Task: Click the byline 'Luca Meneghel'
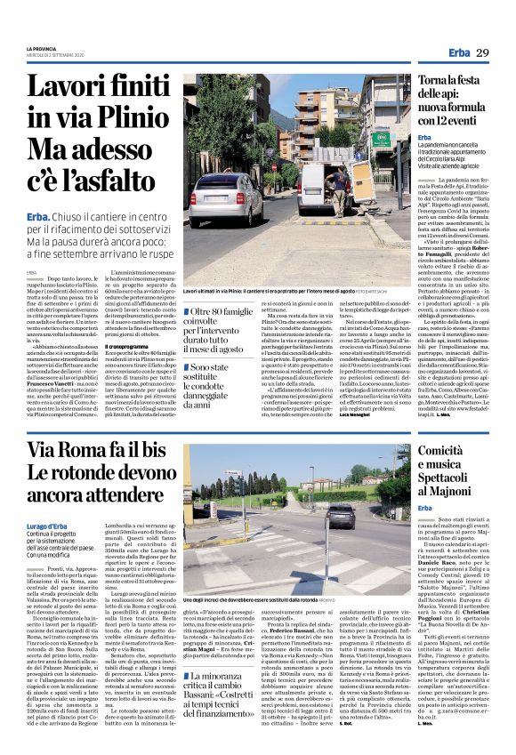[x=353, y=417]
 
